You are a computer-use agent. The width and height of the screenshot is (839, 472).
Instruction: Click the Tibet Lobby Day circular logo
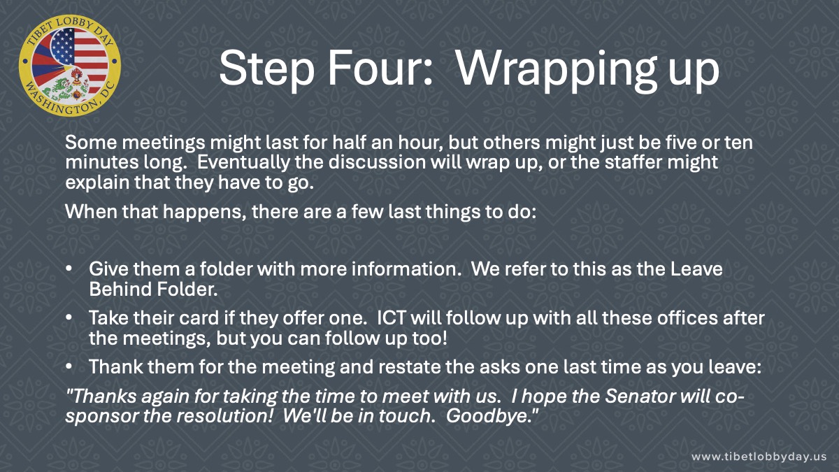point(70,66)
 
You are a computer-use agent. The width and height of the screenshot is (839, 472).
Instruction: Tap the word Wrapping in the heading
point(557,72)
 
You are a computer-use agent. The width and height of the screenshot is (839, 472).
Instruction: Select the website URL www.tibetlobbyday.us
point(759,457)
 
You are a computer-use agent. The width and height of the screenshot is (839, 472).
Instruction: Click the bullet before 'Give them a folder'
point(69,269)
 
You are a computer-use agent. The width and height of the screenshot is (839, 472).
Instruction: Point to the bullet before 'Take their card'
point(69,317)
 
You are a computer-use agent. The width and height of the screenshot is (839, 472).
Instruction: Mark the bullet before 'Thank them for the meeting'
point(69,366)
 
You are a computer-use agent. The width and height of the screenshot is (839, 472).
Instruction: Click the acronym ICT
point(392,318)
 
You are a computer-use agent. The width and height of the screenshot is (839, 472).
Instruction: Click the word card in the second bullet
point(199,318)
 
